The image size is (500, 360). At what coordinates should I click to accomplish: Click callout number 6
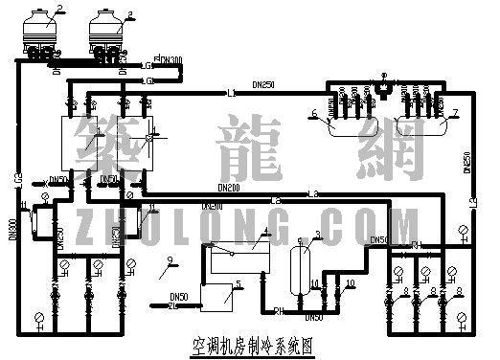(313, 114)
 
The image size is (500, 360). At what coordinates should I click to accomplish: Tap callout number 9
(170, 259)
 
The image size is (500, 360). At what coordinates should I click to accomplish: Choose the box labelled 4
(233, 257)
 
